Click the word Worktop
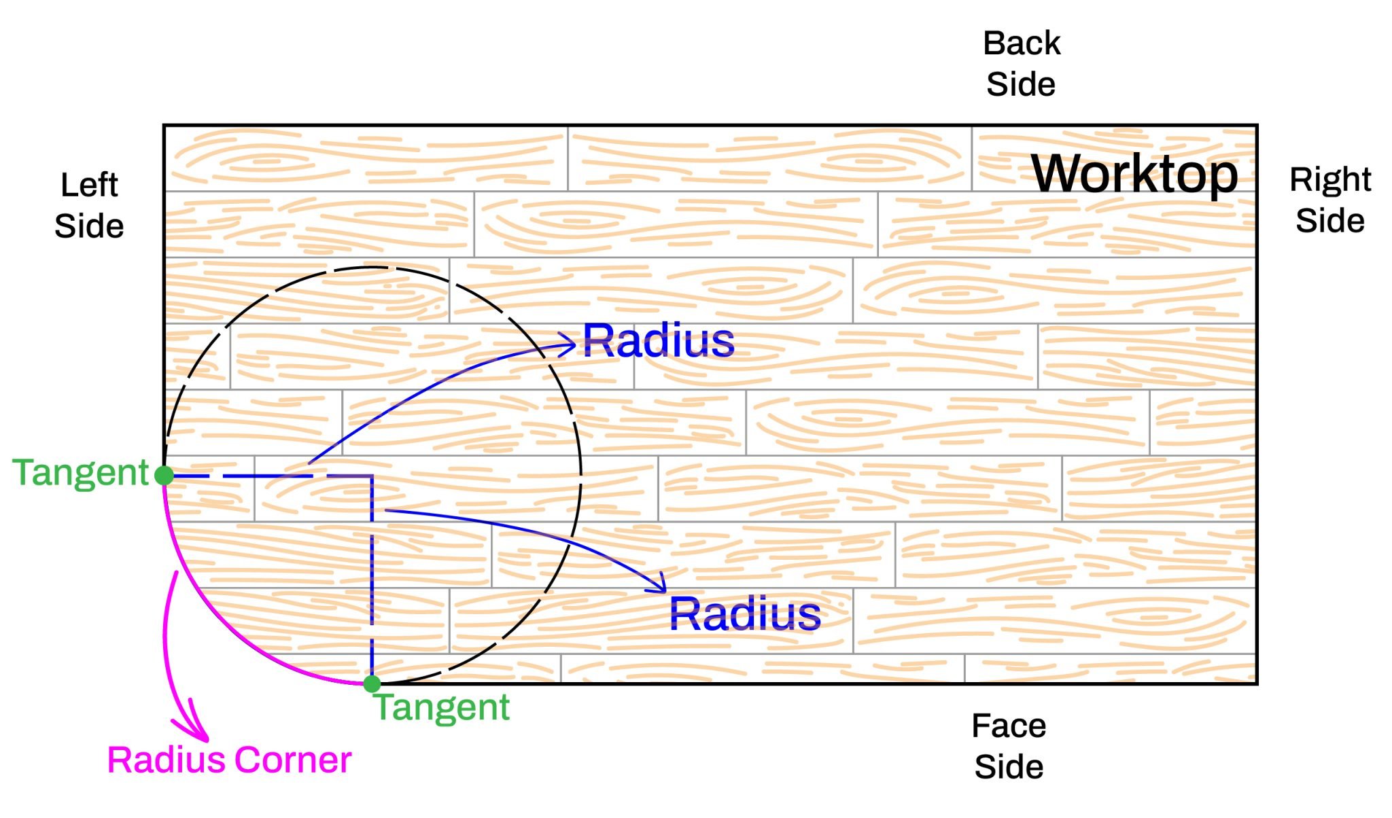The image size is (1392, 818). pos(1134,174)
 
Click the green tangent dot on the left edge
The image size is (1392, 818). pos(164,475)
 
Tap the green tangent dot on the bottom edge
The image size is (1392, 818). pos(372,683)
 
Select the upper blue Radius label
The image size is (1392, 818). pos(658,340)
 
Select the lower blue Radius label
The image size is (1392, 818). pos(744,613)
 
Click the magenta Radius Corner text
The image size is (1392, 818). pos(229,760)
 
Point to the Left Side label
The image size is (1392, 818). pos(89,205)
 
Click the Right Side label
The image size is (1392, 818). pos(1329,200)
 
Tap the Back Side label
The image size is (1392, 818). pos(1021,64)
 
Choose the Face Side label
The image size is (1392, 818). pos(1009,746)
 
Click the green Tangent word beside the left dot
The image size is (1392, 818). pos(80,473)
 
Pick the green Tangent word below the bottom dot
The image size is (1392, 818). pos(442,707)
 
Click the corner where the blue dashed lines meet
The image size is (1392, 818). pos(372,476)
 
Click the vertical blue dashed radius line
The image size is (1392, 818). pos(372,577)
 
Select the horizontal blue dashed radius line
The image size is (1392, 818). pos(272,476)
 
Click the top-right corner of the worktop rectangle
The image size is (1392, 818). pos(1256,126)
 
